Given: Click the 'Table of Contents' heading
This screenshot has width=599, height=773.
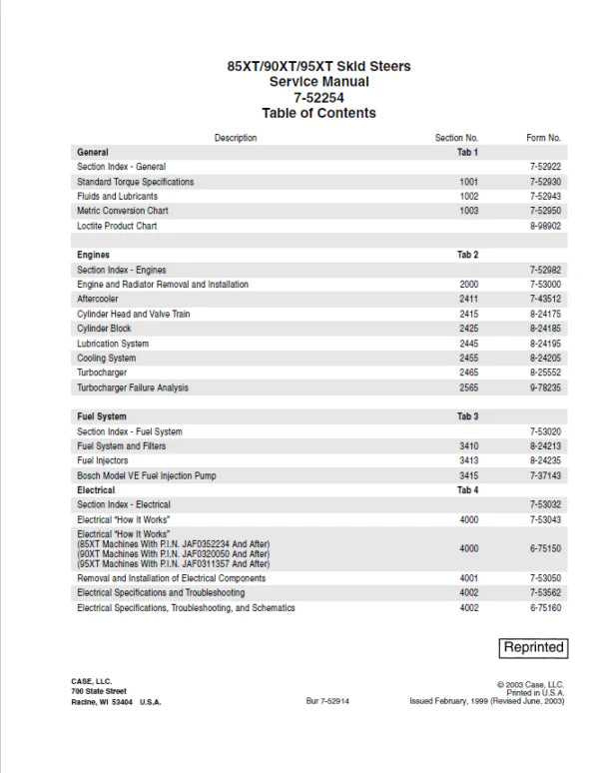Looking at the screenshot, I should click(x=318, y=113).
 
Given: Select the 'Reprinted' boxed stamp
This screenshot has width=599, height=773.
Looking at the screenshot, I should click(x=534, y=647).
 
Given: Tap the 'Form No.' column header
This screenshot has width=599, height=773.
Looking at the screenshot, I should click(x=543, y=137).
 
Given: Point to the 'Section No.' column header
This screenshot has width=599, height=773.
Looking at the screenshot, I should click(x=457, y=137).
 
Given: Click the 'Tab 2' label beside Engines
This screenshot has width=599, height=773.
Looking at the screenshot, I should click(x=468, y=255).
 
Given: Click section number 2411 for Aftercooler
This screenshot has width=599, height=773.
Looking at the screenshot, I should click(x=468, y=299).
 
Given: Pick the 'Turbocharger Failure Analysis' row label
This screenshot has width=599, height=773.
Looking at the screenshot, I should click(x=132, y=387).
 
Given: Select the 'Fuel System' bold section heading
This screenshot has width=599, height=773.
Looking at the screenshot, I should click(x=102, y=416).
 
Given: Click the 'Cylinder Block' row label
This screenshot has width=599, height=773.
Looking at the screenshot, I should click(x=104, y=329).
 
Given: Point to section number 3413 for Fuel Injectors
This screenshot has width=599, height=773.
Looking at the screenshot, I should click(x=468, y=461).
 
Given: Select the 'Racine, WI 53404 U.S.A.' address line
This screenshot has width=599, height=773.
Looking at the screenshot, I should click(x=116, y=701).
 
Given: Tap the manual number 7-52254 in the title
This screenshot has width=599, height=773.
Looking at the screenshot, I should click(x=318, y=97).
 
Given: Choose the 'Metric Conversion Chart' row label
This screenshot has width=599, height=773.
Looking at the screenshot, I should click(x=123, y=211).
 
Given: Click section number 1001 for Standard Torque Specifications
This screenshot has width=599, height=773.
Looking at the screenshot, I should click(x=468, y=182).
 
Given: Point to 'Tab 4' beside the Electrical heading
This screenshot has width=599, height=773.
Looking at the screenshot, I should click(x=468, y=490).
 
